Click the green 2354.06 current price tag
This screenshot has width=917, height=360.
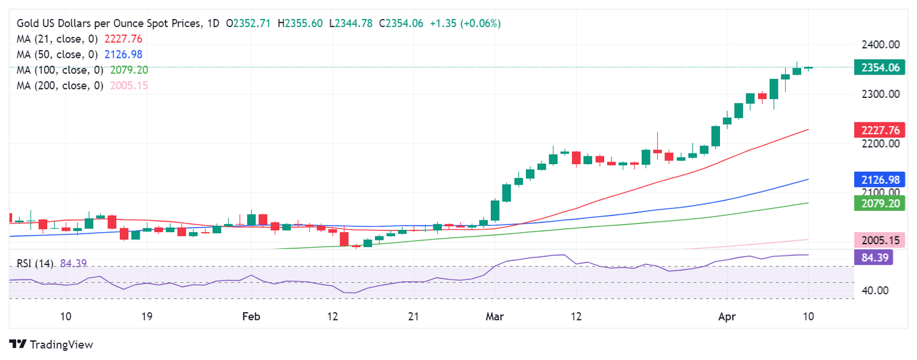(879, 67)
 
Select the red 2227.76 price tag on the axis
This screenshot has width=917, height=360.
(879, 130)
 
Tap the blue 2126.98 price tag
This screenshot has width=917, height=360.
(879, 179)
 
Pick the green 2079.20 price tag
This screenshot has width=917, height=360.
(879, 203)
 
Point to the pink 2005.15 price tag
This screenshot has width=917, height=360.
(879, 240)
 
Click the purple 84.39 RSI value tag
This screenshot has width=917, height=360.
(873, 258)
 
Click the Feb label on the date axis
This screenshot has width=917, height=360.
(251, 316)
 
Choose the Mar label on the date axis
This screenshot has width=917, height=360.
(494, 316)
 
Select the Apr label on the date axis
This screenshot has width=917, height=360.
(726, 316)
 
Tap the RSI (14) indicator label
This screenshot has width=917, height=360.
(35, 263)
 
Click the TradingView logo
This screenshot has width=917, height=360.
(51, 344)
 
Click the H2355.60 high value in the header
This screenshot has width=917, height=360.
(300, 23)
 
